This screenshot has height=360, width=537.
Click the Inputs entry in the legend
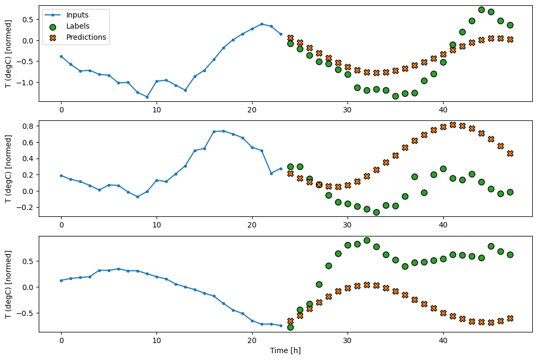(77, 14)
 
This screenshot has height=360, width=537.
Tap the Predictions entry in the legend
(86, 37)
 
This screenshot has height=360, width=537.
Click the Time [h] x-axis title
(285, 350)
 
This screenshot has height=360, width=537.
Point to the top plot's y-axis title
(8, 53)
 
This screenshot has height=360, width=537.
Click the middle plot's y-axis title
(8, 168)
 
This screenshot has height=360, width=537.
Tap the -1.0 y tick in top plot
(26, 83)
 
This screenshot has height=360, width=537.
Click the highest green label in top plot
(481, 10)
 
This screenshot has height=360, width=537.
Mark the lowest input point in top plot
(147, 97)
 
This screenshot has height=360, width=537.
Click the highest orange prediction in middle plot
(453, 125)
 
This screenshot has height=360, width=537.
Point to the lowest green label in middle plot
(376, 212)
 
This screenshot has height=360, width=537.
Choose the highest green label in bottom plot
(367, 240)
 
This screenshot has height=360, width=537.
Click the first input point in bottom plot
(61, 280)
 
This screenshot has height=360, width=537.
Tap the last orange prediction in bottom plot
(510, 318)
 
